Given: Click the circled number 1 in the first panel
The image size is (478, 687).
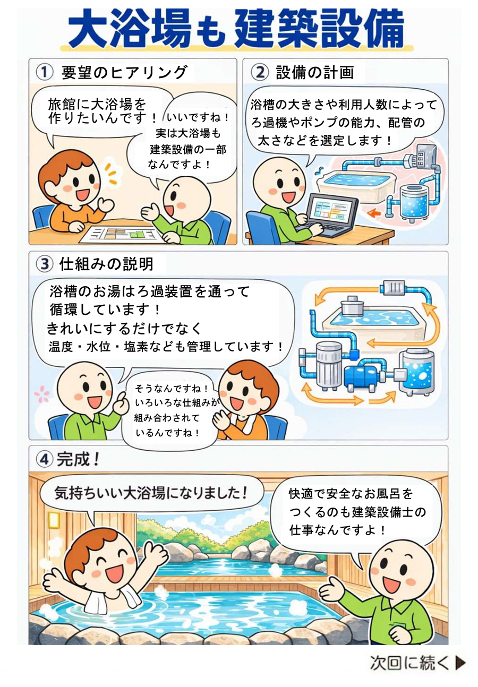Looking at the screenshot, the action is pyautogui.click(x=45, y=72).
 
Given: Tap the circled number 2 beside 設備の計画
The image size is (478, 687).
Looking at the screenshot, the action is pyautogui.click(x=260, y=73).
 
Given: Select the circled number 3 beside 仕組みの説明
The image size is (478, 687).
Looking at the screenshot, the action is pyautogui.click(x=45, y=264).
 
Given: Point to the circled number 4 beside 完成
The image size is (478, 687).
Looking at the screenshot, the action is pyautogui.click(x=45, y=460).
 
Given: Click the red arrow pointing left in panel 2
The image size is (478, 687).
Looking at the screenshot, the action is pyautogui.click(x=374, y=212).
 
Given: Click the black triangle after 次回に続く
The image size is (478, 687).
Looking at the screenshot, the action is pyautogui.click(x=460, y=663).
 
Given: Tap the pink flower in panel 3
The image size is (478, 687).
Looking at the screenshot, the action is pyautogui.click(x=42, y=393).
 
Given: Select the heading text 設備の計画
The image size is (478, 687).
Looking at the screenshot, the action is pyautogui.click(x=315, y=73).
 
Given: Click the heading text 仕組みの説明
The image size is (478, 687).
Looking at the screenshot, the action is pyautogui.click(x=106, y=264).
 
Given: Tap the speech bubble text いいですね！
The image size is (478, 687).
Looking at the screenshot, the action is pyautogui.click(x=198, y=117).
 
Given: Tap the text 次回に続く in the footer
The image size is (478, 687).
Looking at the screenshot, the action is pyautogui.click(x=410, y=663).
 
